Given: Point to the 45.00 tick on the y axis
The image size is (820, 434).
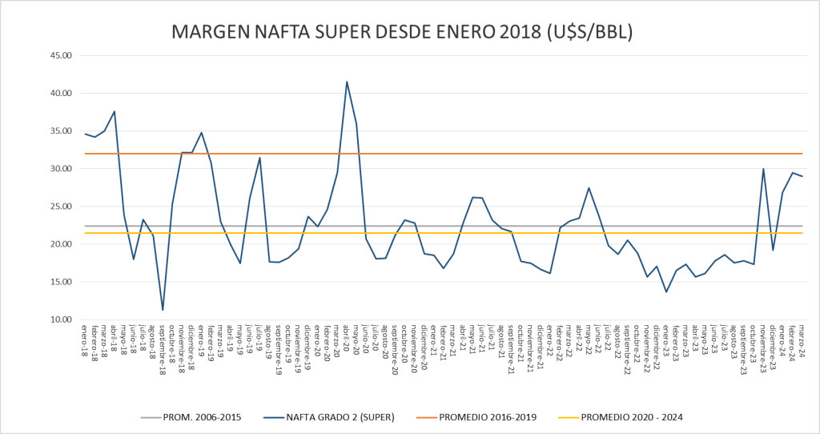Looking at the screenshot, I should click(61, 55).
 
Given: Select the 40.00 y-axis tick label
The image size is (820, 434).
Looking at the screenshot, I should click(61, 93).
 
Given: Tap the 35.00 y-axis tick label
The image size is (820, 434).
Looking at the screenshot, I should click(61, 131).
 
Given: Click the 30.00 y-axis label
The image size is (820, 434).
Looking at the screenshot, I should click(61, 169).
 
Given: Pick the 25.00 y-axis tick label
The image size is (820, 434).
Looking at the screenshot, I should click(61, 207).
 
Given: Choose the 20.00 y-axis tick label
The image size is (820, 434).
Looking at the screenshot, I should click(61, 244).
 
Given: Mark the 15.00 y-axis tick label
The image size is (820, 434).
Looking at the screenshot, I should click(61, 282).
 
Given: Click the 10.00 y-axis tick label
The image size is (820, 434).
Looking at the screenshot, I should click(61, 319).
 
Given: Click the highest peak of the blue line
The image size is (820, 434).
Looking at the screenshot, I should click(347, 82).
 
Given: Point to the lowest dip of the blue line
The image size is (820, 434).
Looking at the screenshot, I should click(163, 310).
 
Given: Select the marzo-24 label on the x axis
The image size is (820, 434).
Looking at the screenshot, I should click(802, 337).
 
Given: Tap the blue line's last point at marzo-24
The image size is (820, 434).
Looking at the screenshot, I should click(802, 176).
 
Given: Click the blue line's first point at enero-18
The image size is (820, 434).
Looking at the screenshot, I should click(85, 134).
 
